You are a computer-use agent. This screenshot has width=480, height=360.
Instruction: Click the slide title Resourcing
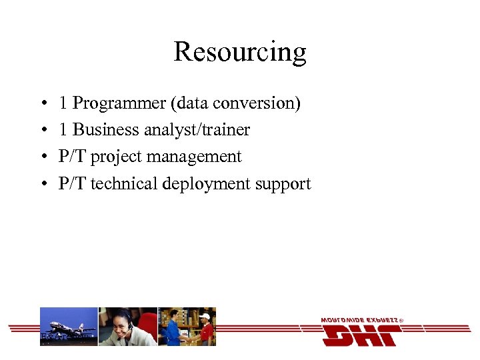pos(240,51)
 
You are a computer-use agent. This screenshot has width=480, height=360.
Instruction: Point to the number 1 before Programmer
pos(63,103)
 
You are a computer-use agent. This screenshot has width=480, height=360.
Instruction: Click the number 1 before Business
pos(63,130)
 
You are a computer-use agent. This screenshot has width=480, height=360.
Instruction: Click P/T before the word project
pos(72,157)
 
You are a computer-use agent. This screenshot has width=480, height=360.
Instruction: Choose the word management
pos(194,157)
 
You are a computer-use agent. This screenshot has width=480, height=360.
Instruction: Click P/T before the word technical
pos(72,183)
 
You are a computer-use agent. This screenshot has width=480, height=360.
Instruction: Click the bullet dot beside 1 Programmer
pos(43,104)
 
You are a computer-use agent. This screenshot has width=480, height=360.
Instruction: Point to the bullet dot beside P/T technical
pos(43,184)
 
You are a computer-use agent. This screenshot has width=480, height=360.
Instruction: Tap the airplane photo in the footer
pos(69,327)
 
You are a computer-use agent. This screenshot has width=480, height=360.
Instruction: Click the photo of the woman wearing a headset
pos(127,327)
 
